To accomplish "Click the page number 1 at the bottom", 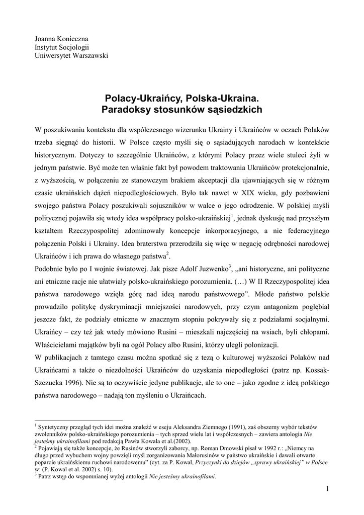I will pyautogui.click(x=327, y=489).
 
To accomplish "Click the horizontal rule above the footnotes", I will pyautogui.click(x=78, y=420).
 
